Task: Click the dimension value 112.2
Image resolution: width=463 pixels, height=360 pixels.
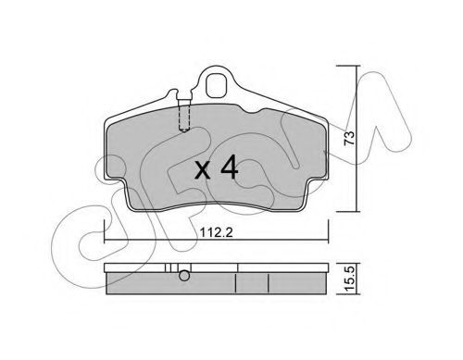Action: pyautogui.click(x=216, y=232)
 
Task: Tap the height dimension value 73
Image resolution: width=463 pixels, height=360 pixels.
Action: pyautogui.click(x=349, y=138)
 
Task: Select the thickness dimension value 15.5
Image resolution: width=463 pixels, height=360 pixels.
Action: pyautogui.click(x=350, y=279)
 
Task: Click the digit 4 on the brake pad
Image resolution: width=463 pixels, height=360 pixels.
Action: pyautogui.click(x=229, y=168)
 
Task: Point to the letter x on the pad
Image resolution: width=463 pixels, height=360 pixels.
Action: pyautogui.click(x=203, y=170)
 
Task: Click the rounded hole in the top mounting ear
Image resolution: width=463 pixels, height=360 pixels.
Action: pyautogui.click(x=217, y=85)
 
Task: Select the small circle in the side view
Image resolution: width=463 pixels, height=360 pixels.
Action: pyautogui.click(x=184, y=276)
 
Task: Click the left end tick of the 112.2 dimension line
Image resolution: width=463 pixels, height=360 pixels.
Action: pyautogui.click(x=105, y=231)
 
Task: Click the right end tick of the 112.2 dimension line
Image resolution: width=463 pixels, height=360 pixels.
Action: pyautogui.click(x=328, y=231)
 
